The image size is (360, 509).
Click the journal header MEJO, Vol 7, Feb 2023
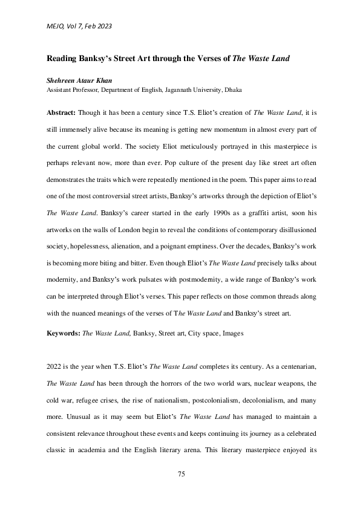point(79,26)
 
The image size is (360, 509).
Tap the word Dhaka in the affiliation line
point(233,89)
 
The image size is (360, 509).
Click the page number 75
point(180,473)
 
